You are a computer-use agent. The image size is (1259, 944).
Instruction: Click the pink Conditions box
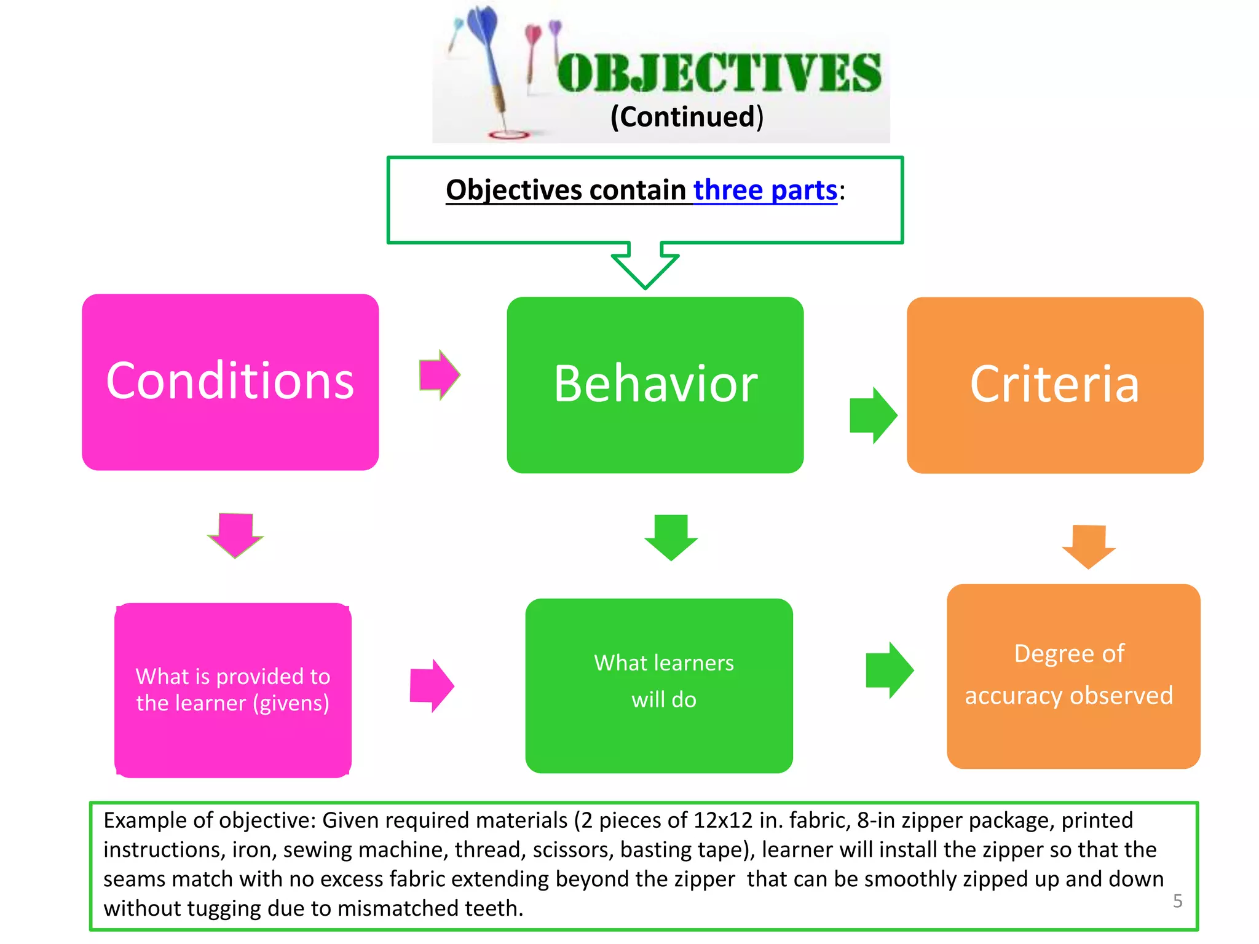pos(230,382)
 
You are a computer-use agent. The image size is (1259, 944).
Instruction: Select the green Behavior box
pos(655,385)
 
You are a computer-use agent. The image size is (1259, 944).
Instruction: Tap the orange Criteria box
pos(1054,385)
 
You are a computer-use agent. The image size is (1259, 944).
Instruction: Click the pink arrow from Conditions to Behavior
pos(439,375)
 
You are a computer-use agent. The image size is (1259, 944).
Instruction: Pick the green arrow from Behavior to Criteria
pos(872,415)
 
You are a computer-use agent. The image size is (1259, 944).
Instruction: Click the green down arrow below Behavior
pos(671,537)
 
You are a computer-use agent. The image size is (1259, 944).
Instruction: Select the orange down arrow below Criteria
pos(1088,546)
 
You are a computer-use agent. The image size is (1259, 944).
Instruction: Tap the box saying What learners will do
pos(659,685)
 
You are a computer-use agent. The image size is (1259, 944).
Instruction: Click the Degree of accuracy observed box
pos(1073,675)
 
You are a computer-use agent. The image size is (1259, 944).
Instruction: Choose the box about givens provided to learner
pos(232,690)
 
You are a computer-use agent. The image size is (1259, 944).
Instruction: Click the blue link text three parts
pos(765,190)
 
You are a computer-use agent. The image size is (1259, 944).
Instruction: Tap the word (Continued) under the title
pos(687,117)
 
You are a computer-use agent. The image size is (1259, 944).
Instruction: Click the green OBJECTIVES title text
pos(719,73)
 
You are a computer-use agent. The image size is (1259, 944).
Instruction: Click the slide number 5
pos(1177,900)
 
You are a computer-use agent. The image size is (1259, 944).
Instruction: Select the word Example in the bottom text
pos(143,820)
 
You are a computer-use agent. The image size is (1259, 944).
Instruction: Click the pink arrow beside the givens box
pos(432,685)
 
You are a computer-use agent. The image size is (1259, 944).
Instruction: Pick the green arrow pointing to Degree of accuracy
pos(889,670)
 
